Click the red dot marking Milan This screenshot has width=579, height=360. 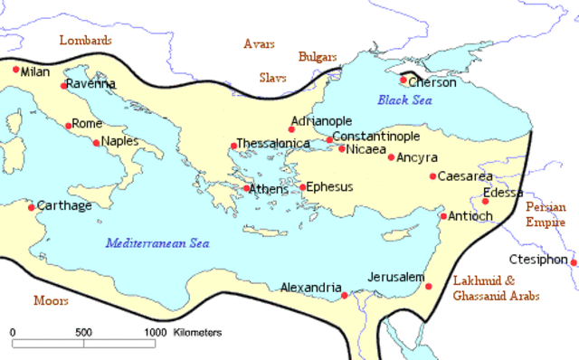pyautogui.click(x=15, y=70)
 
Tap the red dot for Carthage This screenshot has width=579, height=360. pyautogui.click(x=33, y=207)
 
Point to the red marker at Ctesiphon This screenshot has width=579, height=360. pyautogui.click(x=574, y=262)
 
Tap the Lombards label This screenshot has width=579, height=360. pyautogui.click(x=85, y=41)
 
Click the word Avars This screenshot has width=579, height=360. pyautogui.click(x=260, y=43)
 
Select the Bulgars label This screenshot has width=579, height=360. pyautogui.click(x=318, y=56)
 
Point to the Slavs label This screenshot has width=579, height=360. pyautogui.click(x=274, y=78)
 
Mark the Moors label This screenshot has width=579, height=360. pyautogui.click(x=51, y=300)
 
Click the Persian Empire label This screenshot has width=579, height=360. pyautogui.click(x=546, y=213)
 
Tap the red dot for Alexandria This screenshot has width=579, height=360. pyautogui.click(x=344, y=295)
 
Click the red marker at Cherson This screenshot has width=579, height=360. pyautogui.click(x=403, y=81)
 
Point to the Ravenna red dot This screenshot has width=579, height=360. pyautogui.click(x=64, y=86)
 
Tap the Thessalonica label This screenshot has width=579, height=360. pyautogui.click(x=272, y=144)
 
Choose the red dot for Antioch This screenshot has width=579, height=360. pyautogui.click(x=443, y=216)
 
